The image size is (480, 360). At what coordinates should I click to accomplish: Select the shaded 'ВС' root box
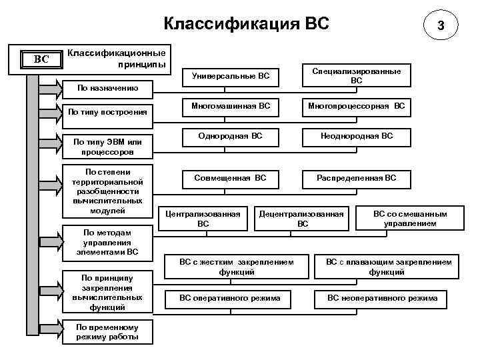tap(41, 59)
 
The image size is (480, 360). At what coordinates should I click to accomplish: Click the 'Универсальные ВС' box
tap(230, 76)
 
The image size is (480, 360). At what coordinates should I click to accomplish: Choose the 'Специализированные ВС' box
tap(357, 75)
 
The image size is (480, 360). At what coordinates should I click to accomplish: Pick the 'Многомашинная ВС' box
tap(230, 106)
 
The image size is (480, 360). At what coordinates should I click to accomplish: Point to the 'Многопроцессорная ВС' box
tap(357, 106)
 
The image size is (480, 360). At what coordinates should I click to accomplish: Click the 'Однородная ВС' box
tap(230, 137)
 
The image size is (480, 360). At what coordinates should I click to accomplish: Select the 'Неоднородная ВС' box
tap(357, 137)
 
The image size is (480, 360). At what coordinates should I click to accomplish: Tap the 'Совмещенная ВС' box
tap(230, 178)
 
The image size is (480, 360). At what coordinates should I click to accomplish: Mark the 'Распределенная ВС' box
tap(357, 178)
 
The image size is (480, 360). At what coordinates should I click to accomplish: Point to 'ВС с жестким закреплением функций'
tap(237, 267)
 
